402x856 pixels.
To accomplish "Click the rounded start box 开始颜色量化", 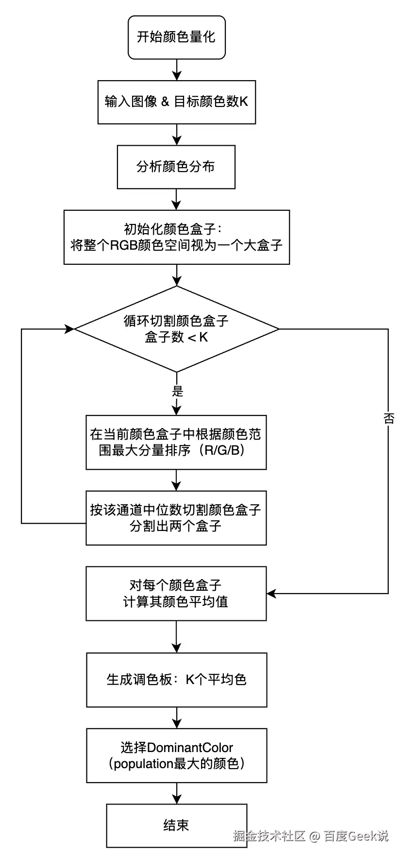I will [176, 37].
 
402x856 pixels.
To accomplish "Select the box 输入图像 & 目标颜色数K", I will [176, 102].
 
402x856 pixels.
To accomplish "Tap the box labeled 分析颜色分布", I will [176, 167].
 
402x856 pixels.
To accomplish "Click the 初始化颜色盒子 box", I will [176, 237].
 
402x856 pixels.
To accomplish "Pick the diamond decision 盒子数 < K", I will [176, 329].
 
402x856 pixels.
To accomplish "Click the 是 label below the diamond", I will [177, 391].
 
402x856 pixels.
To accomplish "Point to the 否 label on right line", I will [388, 418].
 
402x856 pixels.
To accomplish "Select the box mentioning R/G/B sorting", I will [176, 442].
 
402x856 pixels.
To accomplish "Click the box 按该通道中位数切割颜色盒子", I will [176, 518].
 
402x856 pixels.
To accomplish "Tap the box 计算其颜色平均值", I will [176, 593].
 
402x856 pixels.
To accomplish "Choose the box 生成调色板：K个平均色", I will [176, 679].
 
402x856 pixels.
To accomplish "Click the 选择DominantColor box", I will [176, 755].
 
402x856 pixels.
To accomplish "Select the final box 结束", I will [176, 825].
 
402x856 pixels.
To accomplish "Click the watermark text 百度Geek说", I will [356, 836].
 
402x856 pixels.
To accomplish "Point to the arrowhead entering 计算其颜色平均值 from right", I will [271, 593].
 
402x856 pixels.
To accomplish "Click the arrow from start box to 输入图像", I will [177, 70].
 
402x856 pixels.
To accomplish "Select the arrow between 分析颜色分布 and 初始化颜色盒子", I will [177, 199].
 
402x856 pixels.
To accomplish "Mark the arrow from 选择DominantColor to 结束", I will [177, 793].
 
